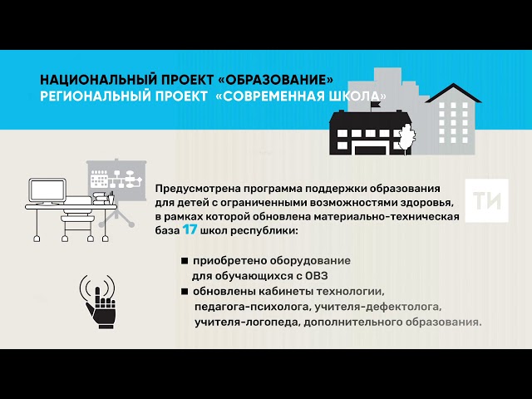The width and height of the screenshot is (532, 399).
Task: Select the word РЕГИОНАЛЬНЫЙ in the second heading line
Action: (85, 97)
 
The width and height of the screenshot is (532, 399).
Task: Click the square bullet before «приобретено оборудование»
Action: (185, 261)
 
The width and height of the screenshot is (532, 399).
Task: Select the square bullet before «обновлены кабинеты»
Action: (185, 292)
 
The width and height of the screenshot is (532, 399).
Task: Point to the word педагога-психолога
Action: (246, 306)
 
